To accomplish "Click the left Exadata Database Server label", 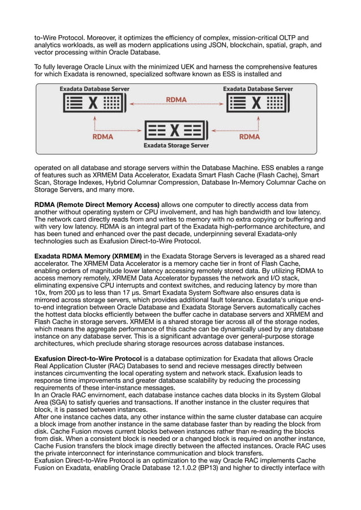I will coord(94,89).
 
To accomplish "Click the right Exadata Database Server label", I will coord(257,89).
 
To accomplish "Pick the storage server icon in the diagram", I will coord(176,131).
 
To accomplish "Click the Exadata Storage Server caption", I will coord(176,145).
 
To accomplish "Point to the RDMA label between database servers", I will coord(176,100).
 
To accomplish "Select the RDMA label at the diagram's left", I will coord(102,136).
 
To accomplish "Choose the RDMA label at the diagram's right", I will coord(250,136).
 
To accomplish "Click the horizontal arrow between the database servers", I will coord(176,105).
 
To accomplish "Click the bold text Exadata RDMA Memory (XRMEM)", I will coord(88,256).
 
